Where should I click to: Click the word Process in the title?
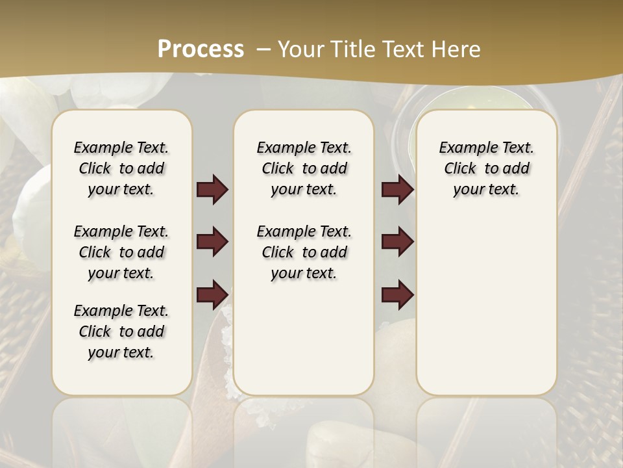point(201,49)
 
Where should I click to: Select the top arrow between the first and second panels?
point(212,190)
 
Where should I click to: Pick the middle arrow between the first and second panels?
point(212,242)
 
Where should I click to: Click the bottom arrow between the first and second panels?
point(212,294)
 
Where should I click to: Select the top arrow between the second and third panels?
point(397,190)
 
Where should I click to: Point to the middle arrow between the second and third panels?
point(397,242)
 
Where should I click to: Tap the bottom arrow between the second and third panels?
point(397,294)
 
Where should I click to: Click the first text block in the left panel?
point(121,168)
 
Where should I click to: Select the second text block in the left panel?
point(121,252)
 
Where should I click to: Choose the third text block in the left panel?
point(121,331)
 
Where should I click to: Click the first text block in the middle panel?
point(304,168)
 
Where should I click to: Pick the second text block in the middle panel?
point(304,252)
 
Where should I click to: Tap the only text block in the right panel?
point(486,168)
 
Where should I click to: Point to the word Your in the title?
point(300,49)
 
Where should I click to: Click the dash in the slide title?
point(263,49)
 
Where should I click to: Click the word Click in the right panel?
point(460,168)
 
